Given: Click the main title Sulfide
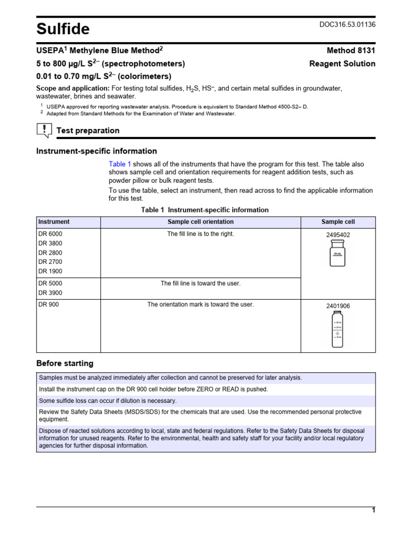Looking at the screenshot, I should [x=63, y=29].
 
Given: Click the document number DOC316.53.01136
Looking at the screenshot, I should [x=346, y=24].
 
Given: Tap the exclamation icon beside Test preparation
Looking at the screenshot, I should [x=44, y=130].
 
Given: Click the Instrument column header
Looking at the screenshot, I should [x=54, y=222].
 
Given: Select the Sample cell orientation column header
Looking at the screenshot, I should [x=201, y=222].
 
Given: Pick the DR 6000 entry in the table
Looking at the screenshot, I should [x=50, y=234].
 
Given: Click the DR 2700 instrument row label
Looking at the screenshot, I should [x=50, y=262].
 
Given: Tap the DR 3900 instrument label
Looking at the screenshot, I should [x=50, y=293].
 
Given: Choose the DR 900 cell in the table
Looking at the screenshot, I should [x=48, y=305].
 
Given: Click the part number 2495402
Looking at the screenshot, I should [x=338, y=235].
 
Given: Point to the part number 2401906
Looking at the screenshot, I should [x=338, y=307].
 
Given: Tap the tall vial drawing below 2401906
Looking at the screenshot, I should [x=337, y=330].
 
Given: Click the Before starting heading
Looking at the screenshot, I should [x=65, y=363].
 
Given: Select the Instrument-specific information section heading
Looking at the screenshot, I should [x=96, y=151].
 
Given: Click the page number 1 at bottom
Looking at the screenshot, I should [x=373, y=511].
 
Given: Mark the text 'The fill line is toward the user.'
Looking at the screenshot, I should [x=201, y=284].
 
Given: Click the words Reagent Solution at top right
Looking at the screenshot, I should [x=342, y=64].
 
